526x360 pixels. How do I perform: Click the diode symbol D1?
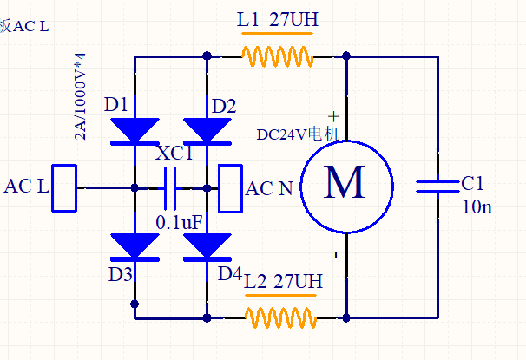[x=135, y=131]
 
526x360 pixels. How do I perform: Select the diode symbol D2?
[x=207, y=131]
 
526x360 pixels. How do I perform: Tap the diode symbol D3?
[x=135, y=247]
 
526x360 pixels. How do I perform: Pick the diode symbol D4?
[x=207, y=247]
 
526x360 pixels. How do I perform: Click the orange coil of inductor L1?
[x=278, y=56]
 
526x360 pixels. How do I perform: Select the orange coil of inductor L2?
[x=280, y=317]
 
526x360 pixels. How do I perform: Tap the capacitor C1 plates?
[x=437, y=187]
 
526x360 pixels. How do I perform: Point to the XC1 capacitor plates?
[x=170, y=189]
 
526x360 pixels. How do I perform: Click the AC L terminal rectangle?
[x=64, y=188]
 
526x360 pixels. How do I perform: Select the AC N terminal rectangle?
[x=231, y=188]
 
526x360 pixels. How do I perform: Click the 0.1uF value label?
[x=179, y=222]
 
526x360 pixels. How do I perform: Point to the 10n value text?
[x=477, y=206]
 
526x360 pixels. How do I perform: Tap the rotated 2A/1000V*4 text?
[x=80, y=96]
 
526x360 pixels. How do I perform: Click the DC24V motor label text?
[x=299, y=134]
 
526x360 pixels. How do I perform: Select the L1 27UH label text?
[x=278, y=19]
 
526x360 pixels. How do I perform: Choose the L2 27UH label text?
[x=283, y=281]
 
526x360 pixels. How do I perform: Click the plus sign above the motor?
[x=334, y=116]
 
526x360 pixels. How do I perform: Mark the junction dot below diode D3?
[x=135, y=304]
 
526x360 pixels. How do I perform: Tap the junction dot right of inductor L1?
[x=346, y=56]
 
